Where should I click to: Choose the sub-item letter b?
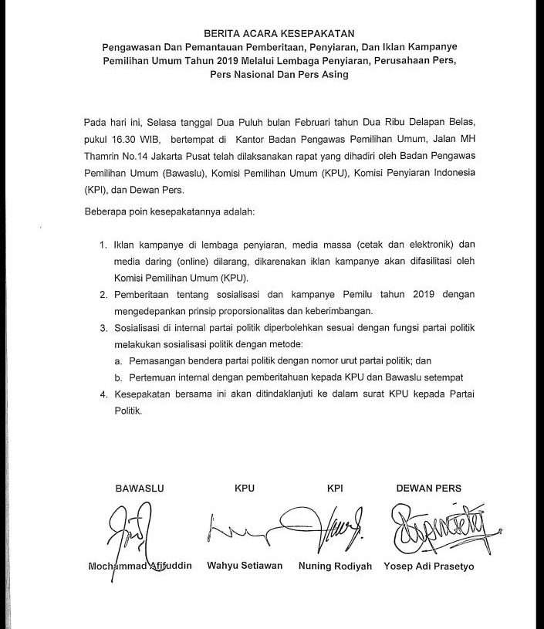click(119, 378)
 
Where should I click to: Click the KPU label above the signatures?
click(245, 489)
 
